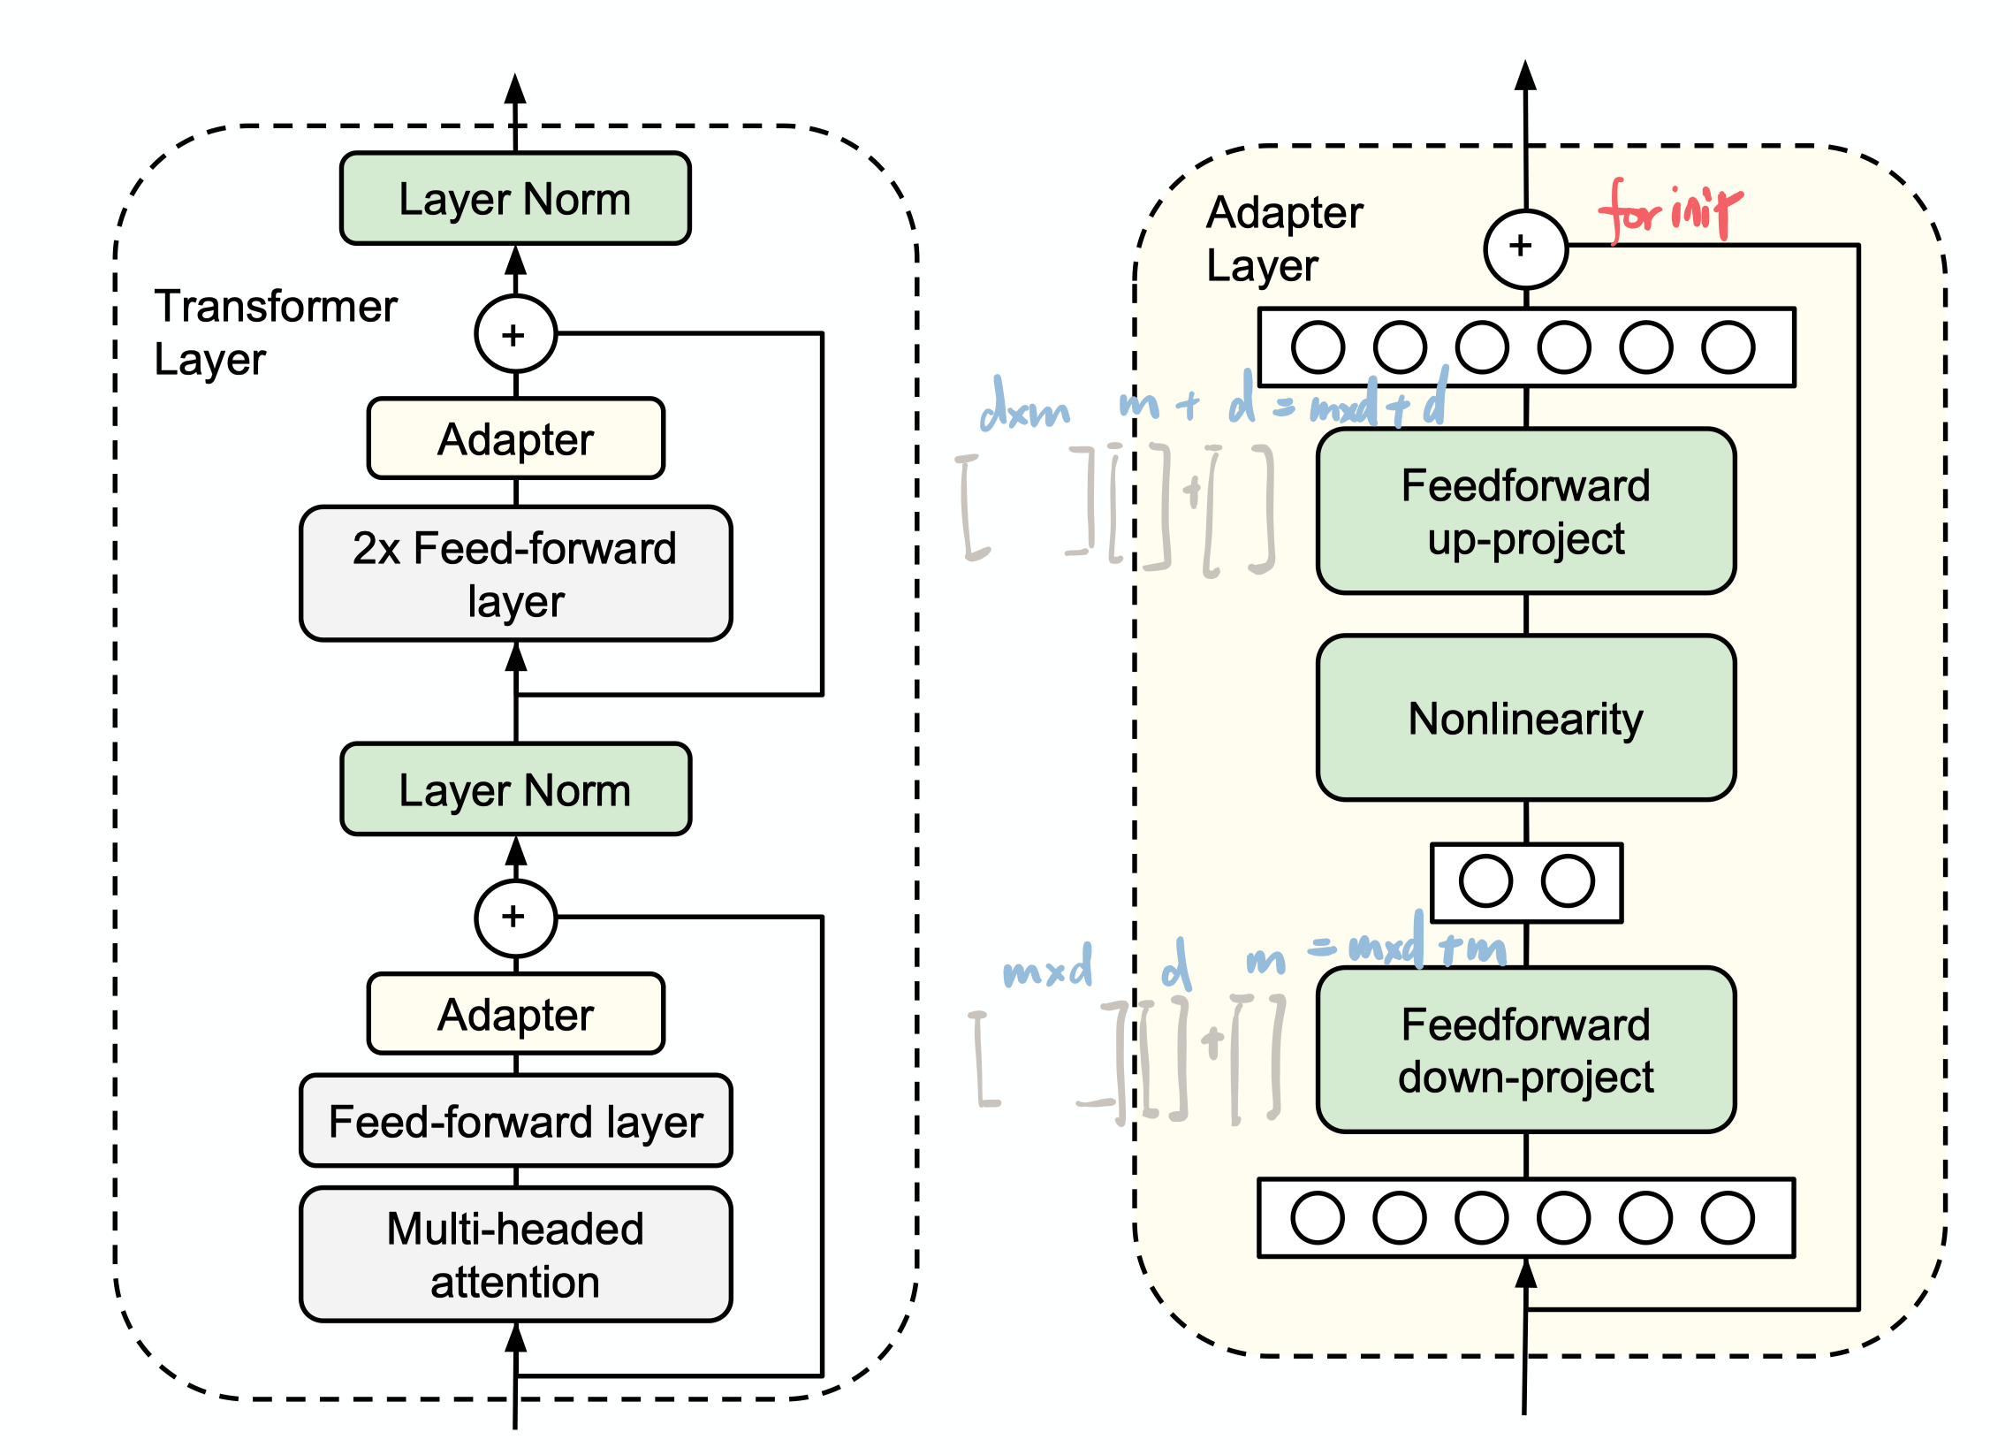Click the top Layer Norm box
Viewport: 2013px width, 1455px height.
click(x=515, y=199)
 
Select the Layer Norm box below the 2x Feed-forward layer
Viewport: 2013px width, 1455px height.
click(x=515, y=790)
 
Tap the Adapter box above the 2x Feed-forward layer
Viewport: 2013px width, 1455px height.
click(x=515, y=439)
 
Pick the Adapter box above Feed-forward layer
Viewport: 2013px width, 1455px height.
click(x=515, y=1015)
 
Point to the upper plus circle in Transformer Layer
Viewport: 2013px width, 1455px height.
click(x=515, y=335)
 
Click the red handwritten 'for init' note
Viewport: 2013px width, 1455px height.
click(x=1668, y=211)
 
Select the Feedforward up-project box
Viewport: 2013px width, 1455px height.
click(x=1525, y=511)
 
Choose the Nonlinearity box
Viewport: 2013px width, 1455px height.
click(x=1525, y=718)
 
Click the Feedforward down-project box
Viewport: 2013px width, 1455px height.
click(x=1525, y=1050)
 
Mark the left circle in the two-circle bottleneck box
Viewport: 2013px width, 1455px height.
click(x=1485, y=881)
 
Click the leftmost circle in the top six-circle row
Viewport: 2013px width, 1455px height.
click(x=1318, y=347)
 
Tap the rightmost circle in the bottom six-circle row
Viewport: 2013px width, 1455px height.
click(x=1728, y=1218)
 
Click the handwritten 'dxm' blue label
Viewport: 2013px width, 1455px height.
click(x=1024, y=408)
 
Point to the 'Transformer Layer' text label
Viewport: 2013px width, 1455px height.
click(x=275, y=332)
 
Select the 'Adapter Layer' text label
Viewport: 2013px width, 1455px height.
click(x=1283, y=238)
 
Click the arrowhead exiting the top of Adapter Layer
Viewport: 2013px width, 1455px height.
click(x=1525, y=76)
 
